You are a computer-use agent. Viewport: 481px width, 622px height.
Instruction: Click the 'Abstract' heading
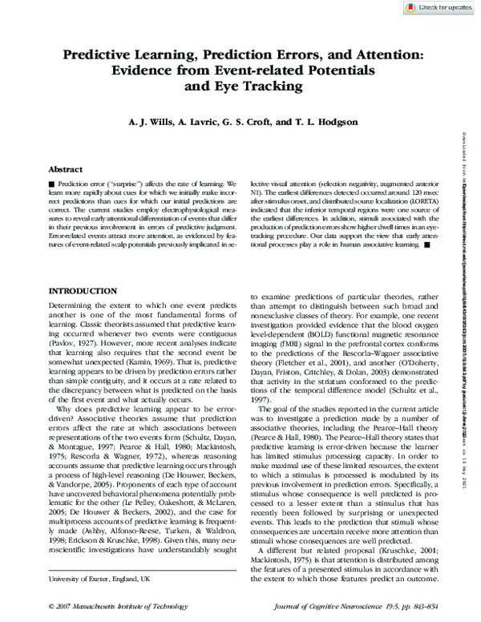(x=66, y=170)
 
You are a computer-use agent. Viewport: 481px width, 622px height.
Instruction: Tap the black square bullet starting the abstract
(x=51, y=184)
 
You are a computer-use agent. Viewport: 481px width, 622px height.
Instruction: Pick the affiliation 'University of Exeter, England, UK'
(x=99, y=579)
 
